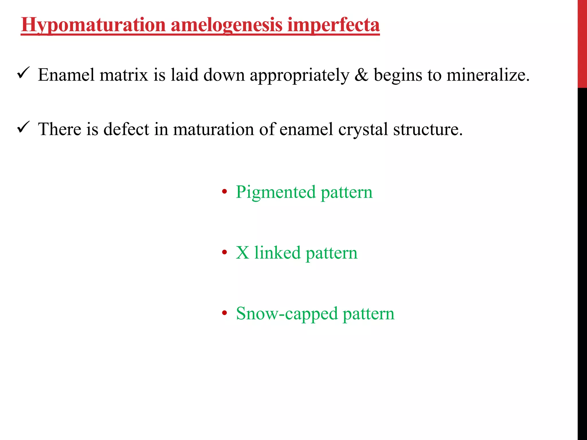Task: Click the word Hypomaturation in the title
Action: (93, 25)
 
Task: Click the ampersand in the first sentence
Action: (361, 75)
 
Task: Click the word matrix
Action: (124, 75)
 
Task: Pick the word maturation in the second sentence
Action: (214, 129)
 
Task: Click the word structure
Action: (428, 129)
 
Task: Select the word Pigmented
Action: (275, 192)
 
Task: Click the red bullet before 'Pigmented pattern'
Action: (224, 192)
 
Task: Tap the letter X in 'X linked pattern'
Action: (242, 253)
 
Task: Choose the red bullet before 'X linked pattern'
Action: (224, 253)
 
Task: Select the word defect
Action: (126, 129)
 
